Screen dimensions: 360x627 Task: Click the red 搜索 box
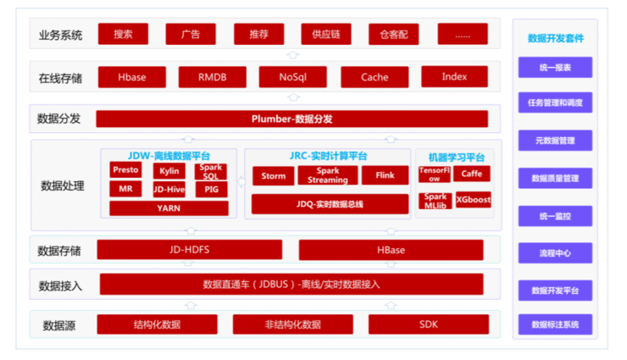pyautogui.click(x=123, y=34)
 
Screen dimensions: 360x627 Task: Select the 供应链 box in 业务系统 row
pyautogui.click(x=325, y=34)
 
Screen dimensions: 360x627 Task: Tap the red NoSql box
pyautogui.click(x=291, y=77)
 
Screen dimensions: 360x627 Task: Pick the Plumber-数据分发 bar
pyautogui.click(x=291, y=119)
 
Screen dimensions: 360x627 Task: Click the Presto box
pyautogui.click(x=125, y=170)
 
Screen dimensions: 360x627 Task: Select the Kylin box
pyautogui.click(x=169, y=170)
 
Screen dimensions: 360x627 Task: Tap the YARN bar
pyautogui.click(x=169, y=208)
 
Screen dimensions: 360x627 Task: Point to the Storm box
pyautogui.click(x=273, y=176)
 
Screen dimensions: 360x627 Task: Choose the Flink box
pyautogui.click(x=385, y=176)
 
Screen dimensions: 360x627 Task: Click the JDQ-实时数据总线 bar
pyautogui.click(x=330, y=204)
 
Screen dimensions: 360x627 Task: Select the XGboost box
pyautogui.click(x=473, y=201)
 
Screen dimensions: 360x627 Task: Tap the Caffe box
pyautogui.click(x=471, y=174)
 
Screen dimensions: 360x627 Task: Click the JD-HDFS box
pyautogui.click(x=189, y=250)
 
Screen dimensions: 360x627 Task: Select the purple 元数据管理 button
pyautogui.click(x=555, y=140)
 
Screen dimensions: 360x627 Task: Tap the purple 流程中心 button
pyautogui.click(x=555, y=253)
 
